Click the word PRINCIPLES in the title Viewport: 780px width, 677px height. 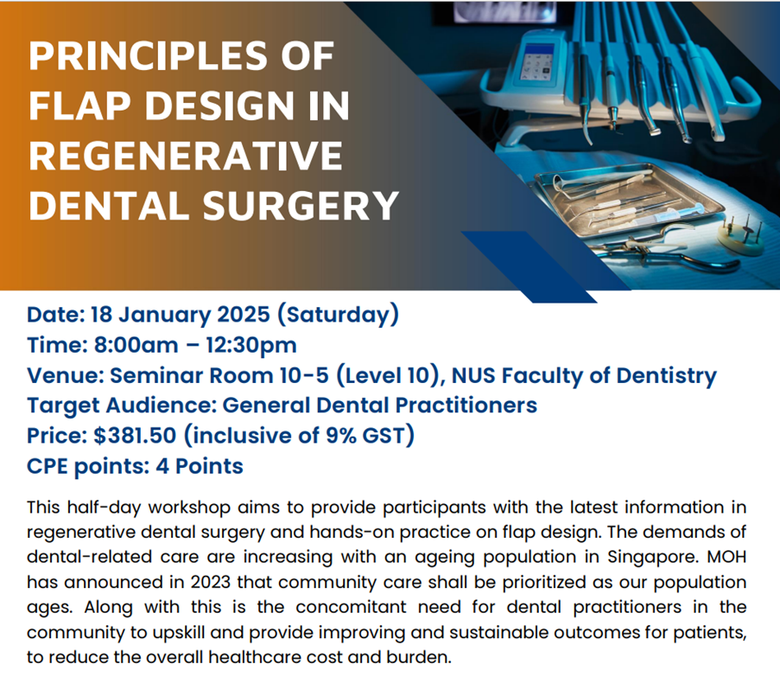(149, 55)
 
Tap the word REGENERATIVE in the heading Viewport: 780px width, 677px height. (186, 156)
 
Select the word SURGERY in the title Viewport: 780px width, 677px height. (301, 206)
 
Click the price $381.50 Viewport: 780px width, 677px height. (135, 436)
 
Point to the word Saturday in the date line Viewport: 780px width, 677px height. (337, 315)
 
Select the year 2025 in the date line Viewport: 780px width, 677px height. (244, 314)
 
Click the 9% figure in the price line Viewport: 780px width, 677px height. (340, 436)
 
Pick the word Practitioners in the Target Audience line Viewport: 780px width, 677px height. (466, 406)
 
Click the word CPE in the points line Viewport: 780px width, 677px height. (48, 466)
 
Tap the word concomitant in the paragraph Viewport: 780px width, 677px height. (352, 607)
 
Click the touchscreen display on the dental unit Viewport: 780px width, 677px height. (536, 61)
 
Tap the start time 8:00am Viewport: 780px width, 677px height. (136, 345)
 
